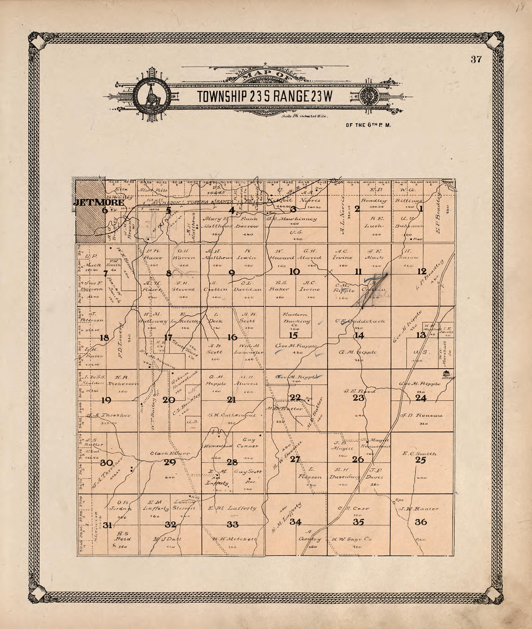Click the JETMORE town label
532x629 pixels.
(98, 202)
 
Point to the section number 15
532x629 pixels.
(293, 335)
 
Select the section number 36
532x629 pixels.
(421, 522)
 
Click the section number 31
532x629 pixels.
(107, 525)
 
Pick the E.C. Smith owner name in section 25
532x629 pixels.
(419, 453)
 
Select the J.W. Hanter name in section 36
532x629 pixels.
(419, 509)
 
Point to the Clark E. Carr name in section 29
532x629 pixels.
(170, 453)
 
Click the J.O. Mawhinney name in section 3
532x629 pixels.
(292, 219)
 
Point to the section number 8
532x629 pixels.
(169, 273)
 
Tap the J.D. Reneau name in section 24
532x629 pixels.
(421, 415)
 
